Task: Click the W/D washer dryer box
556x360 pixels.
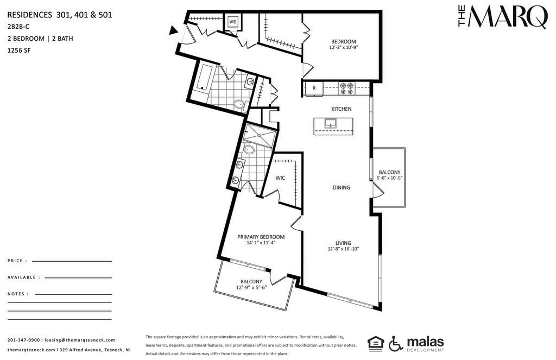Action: coord(233,22)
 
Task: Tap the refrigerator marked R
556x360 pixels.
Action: coord(314,89)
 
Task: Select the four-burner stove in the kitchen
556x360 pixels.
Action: coord(346,89)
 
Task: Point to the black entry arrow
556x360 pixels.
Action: coord(173,30)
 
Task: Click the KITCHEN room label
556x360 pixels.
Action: coord(341,109)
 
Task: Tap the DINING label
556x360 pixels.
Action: coord(341,187)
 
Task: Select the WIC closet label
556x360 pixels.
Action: coord(280,178)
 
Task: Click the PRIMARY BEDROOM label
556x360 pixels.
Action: coord(261,237)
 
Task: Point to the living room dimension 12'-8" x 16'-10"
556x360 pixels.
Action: coord(343,249)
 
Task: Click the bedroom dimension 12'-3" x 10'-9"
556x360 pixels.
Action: coord(344,47)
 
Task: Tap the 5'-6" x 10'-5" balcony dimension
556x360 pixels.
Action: coord(389,178)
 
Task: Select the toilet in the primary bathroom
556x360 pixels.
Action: coord(249,150)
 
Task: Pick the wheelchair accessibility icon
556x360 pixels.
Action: coord(396,343)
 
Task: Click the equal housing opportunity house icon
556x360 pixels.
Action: coord(376,344)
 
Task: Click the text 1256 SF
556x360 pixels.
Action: coord(19,50)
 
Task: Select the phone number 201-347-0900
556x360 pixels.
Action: coord(24,340)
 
